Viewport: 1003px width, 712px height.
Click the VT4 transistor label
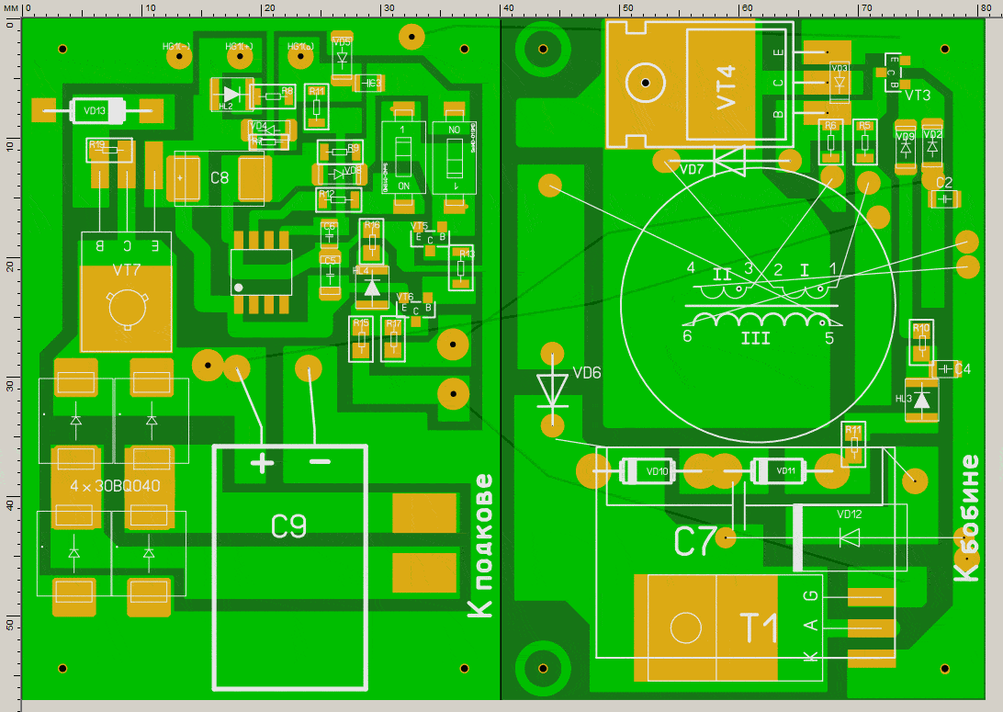pos(726,87)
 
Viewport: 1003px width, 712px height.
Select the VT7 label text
pos(126,271)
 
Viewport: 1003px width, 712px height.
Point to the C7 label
pos(694,542)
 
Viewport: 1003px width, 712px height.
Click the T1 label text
pos(759,628)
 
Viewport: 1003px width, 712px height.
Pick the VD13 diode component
pos(96,111)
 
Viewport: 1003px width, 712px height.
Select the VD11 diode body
pos(786,471)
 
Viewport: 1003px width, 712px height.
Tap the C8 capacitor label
pos(219,178)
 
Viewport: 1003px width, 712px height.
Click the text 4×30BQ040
pos(116,485)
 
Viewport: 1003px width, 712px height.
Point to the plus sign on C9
pos(262,462)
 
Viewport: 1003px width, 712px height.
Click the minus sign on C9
pos(319,461)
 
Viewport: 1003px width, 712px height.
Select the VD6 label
pos(587,373)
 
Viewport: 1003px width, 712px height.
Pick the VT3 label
pos(917,96)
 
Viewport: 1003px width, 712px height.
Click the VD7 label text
pos(692,170)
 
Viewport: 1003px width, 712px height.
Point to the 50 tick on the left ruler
pos(9,625)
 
